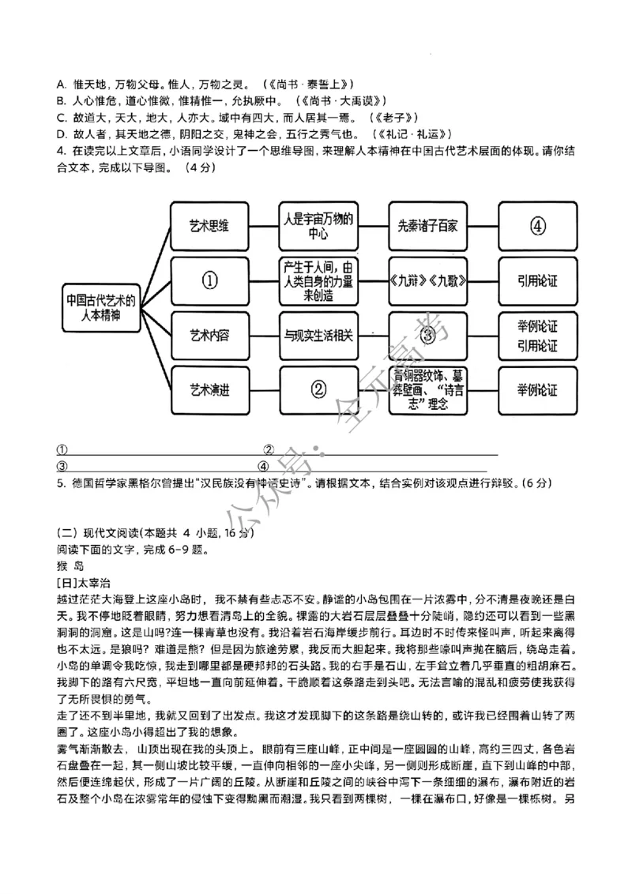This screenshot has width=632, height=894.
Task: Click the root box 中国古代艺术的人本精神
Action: [101, 307]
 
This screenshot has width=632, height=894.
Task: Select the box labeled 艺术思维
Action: [209, 226]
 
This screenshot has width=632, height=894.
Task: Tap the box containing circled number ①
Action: [209, 281]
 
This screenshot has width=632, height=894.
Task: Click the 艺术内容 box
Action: [209, 335]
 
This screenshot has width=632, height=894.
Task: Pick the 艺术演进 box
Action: [209, 389]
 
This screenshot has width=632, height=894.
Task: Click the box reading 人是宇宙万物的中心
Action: [318, 226]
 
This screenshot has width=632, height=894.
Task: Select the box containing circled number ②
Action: [318, 389]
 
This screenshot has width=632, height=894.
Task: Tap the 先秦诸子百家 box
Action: [427, 226]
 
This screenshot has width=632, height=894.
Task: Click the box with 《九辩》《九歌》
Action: [427, 281]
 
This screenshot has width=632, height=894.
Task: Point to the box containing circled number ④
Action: [537, 226]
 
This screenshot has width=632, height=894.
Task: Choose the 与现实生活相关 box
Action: [318, 335]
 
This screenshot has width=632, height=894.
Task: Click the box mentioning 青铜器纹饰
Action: [427, 389]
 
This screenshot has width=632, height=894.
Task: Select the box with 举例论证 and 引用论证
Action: [537, 335]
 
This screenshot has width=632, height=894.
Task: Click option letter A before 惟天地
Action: [61, 84]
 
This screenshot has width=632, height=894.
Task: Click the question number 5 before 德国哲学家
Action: [60, 483]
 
